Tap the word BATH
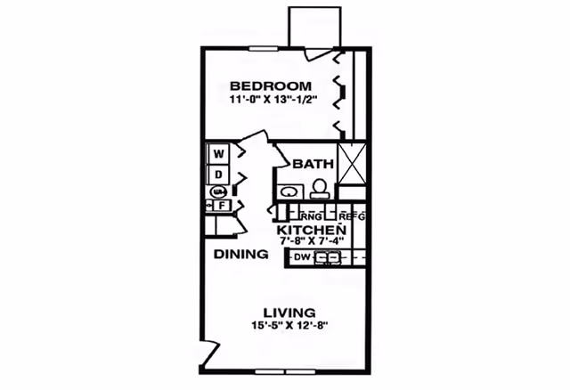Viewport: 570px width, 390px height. (313, 164)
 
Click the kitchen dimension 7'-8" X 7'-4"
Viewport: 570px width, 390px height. (309, 240)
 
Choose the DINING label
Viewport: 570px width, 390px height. (240, 255)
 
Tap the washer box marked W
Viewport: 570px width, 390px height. (218, 153)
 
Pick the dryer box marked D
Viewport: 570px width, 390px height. (218, 173)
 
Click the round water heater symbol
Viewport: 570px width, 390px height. (218, 191)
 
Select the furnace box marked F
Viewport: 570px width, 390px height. (220, 205)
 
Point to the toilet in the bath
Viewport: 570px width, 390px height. (317, 188)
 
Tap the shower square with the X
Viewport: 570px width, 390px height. (351, 162)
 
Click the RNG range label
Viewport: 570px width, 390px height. (311, 216)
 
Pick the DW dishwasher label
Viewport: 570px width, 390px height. (301, 258)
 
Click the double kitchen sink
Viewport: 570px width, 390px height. (329, 258)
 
